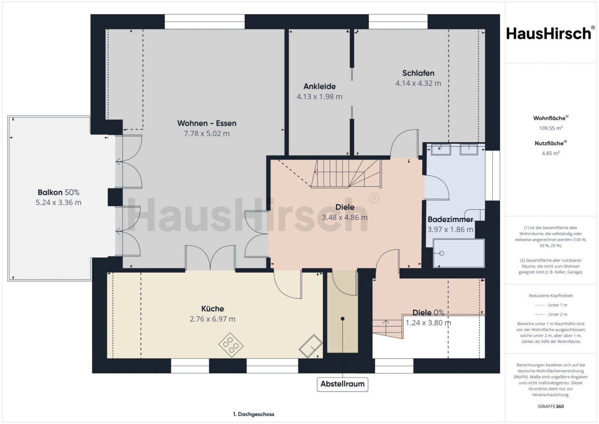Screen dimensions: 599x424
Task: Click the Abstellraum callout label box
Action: click(342, 384)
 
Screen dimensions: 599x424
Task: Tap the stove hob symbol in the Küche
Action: click(231, 345)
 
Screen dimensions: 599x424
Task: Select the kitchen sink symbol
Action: click(310, 346)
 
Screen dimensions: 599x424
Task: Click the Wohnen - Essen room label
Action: click(207, 123)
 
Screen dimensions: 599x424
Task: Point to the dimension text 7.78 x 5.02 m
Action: click(207, 133)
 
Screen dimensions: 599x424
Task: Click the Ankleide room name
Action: click(320, 86)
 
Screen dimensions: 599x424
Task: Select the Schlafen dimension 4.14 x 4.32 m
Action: click(418, 83)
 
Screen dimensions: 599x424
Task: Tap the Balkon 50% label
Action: click(58, 192)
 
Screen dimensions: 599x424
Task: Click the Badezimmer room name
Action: click(450, 219)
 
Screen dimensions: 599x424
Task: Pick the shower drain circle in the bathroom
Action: click(441, 253)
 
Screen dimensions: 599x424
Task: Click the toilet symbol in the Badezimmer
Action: click(475, 215)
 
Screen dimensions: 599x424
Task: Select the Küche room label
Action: click(213, 309)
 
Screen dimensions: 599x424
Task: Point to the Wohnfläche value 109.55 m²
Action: click(551, 128)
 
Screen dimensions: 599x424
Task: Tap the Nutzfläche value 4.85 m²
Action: click(551, 153)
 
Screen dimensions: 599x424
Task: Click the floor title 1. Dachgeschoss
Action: click(253, 414)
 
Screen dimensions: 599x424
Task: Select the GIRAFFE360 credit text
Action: click(551, 406)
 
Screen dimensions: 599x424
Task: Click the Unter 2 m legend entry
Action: click(551, 314)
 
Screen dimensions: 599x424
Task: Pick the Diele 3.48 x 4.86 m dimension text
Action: click(345, 217)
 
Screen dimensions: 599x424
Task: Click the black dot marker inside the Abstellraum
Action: click(342, 318)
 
